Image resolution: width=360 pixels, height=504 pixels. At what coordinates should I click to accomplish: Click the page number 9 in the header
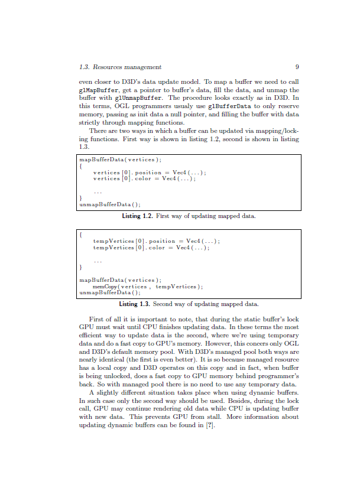[x=297, y=67]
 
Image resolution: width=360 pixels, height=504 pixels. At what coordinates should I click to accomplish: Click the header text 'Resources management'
[x=128, y=67]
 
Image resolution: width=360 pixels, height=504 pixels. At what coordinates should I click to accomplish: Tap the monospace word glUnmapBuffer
[x=138, y=97]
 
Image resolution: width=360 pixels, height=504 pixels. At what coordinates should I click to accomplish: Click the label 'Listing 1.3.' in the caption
[x=135, y=304]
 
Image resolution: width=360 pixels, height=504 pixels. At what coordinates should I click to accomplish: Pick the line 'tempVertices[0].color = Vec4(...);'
[x=151, y=248]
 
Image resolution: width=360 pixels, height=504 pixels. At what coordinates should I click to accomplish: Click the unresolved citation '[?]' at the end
[x=210, y=425]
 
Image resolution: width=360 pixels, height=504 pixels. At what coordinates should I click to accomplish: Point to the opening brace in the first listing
[x=81, y=166]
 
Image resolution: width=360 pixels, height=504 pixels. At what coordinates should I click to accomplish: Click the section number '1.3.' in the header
[x=84, y=67]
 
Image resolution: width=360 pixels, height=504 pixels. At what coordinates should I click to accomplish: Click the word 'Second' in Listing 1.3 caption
[x=164, y=304]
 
